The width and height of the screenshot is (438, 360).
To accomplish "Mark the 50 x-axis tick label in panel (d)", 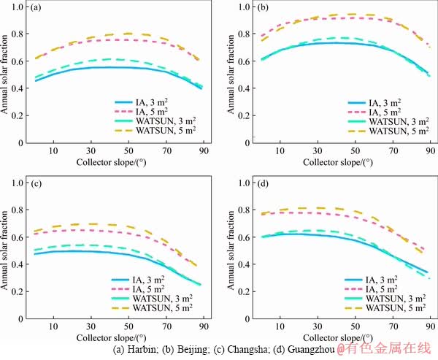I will tap(355, 326).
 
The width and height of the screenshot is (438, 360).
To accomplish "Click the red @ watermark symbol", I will tap(341, 350).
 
